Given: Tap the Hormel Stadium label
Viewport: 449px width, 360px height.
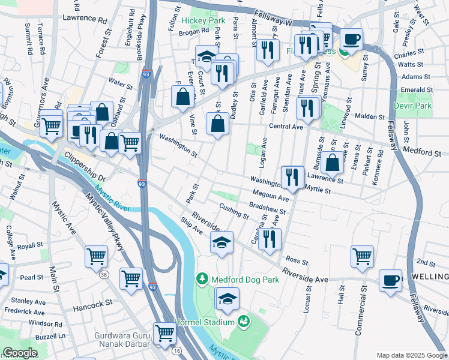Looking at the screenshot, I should (x=203, y=322).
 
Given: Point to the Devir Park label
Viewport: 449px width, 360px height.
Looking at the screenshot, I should (x=414, y=106).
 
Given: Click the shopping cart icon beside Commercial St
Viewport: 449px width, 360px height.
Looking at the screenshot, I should (x=362, y=256).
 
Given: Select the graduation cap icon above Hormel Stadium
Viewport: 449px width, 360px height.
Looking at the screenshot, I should (x=227, y=298).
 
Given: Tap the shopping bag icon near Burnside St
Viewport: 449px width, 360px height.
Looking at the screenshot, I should (x=332, y=162).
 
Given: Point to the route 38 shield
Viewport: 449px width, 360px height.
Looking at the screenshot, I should (x=104, y=275).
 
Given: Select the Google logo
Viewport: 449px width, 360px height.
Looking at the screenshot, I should (x=20, y=353).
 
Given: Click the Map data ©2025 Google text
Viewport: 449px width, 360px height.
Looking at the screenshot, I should (x=411, y=355).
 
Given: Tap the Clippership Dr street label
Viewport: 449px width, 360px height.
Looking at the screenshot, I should (x=85, y=170).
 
